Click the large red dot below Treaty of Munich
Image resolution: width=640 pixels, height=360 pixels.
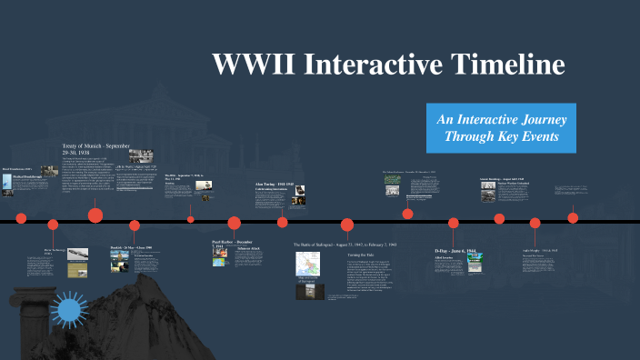95,215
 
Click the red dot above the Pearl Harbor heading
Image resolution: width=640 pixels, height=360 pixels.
234,223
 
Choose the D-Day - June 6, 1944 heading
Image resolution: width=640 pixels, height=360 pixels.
462,250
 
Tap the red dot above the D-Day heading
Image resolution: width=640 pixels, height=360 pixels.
453,223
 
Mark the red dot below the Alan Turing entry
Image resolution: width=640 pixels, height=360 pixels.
283,222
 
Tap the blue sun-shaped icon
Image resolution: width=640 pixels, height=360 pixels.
69,312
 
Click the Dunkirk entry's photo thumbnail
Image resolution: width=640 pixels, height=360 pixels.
118,262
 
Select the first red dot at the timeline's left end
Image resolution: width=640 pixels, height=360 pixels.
21,218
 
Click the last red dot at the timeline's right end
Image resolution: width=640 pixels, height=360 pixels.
573,217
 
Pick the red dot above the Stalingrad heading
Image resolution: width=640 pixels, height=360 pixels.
346,225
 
